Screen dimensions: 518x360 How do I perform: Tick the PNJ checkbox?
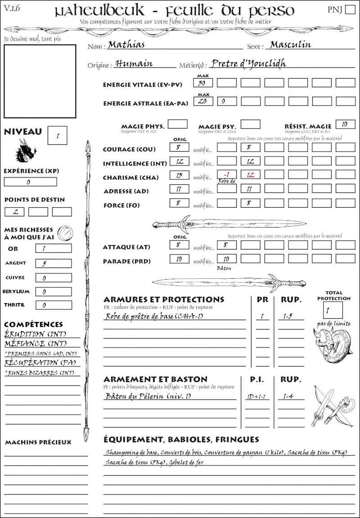[x=350, y=10]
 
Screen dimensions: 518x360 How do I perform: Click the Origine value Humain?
[x=134, y=64]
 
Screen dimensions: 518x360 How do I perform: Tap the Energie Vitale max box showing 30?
[x=203, y=83]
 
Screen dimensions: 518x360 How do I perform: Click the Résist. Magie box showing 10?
[x=345, y=124]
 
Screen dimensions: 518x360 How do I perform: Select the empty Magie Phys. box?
[x=178, y=124]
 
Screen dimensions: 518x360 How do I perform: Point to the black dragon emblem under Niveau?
[x=26, y=150]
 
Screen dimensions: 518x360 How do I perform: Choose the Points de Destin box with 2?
[x=15, y=211]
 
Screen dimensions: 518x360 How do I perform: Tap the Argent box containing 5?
[x=53, y=263]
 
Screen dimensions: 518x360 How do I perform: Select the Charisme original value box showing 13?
[x=179, y=175]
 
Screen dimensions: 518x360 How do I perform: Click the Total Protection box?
[x=333, y=310]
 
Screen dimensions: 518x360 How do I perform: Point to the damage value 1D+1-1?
[x=257, y=397]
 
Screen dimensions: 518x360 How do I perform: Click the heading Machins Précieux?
[x=38, y=442]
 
